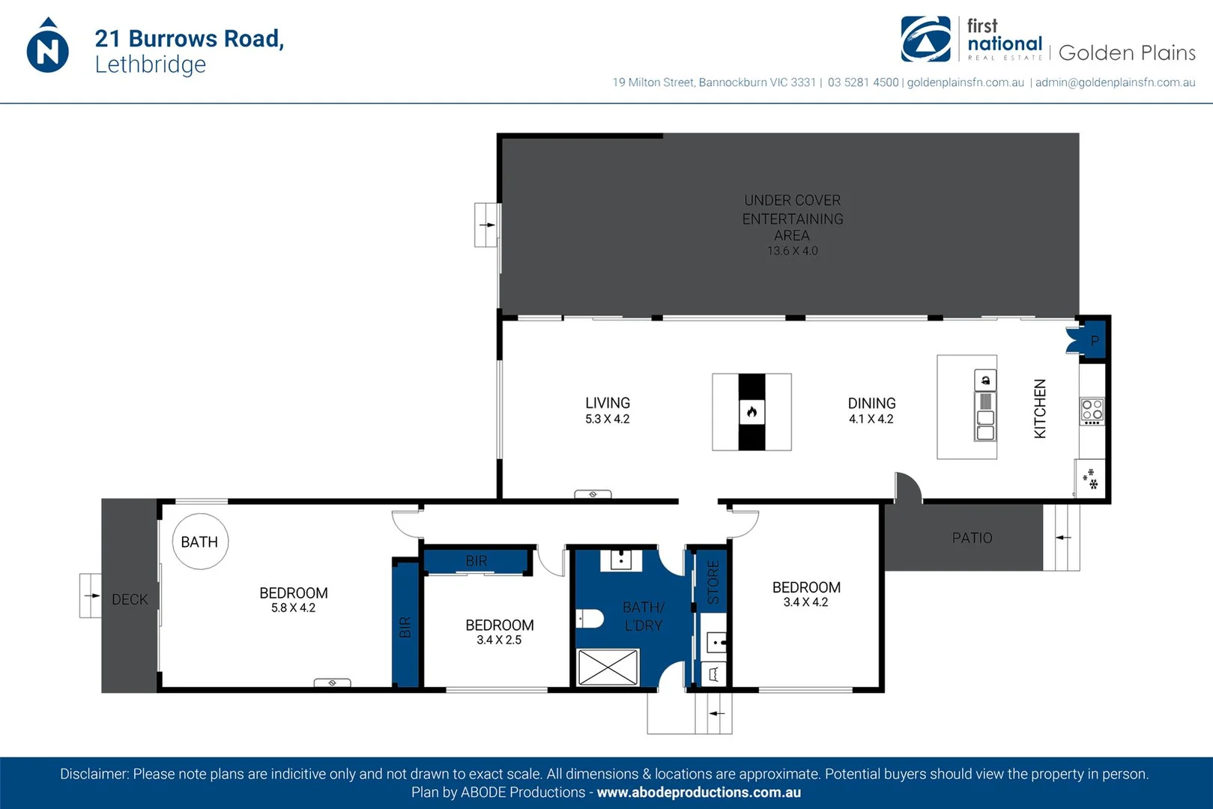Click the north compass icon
click(x=47, y=46)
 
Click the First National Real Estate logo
click(x=926, y=40)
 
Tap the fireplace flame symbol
click(x=751, y=411)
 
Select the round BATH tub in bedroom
click(x=200, y=541)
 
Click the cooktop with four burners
click(x=1092, y=410)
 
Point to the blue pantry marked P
click(x=1093, y=341)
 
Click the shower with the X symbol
click(x=608, y=667)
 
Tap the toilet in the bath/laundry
click(x=590, y=619)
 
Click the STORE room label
click(x=713, y=582)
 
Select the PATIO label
click(x=972, y=538)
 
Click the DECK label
click(x=130, y=599)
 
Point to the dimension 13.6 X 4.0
click(x=792, y=252)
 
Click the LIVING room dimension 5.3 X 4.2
click(x=607, y=419)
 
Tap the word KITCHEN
click(x=1040, y=408)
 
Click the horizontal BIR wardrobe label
click(x=477, y=560)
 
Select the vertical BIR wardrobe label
click(x=405, y=627)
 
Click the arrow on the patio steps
click(x=1063, y=537)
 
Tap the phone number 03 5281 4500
click(x=862, y=82)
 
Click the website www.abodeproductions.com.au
click(x=698, y=793)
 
